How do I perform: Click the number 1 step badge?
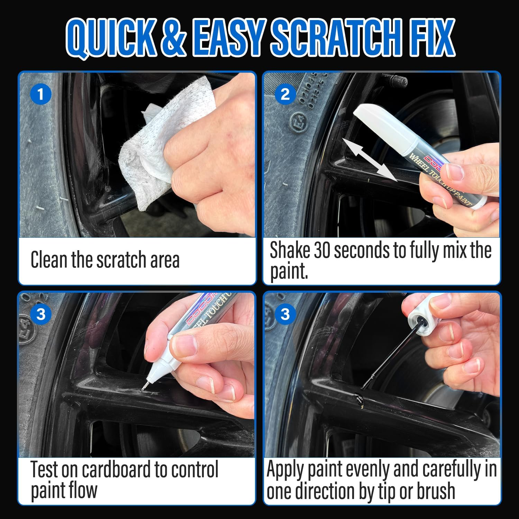click(41, 94)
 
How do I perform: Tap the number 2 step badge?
click(285, 94)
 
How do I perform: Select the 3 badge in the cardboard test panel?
click(41, 314)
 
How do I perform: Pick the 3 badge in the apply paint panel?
click(285, 314)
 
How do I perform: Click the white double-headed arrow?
click(368, 159)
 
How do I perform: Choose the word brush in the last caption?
click(436, 491)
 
